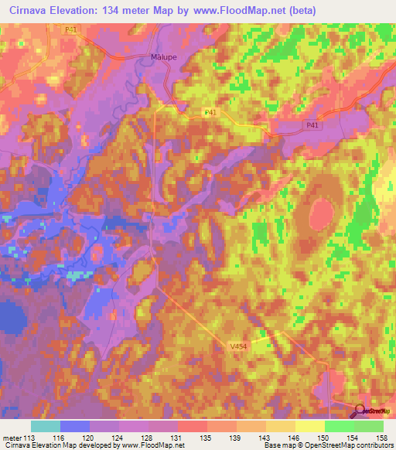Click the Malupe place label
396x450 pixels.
coord(162,57)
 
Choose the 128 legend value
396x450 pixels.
coord(150,437)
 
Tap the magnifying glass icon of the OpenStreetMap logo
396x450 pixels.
coord(360,411)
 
